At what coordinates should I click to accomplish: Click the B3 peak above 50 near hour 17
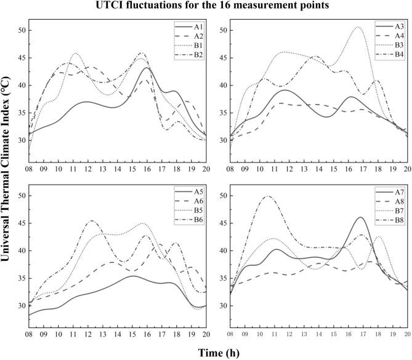tap(358, 27)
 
